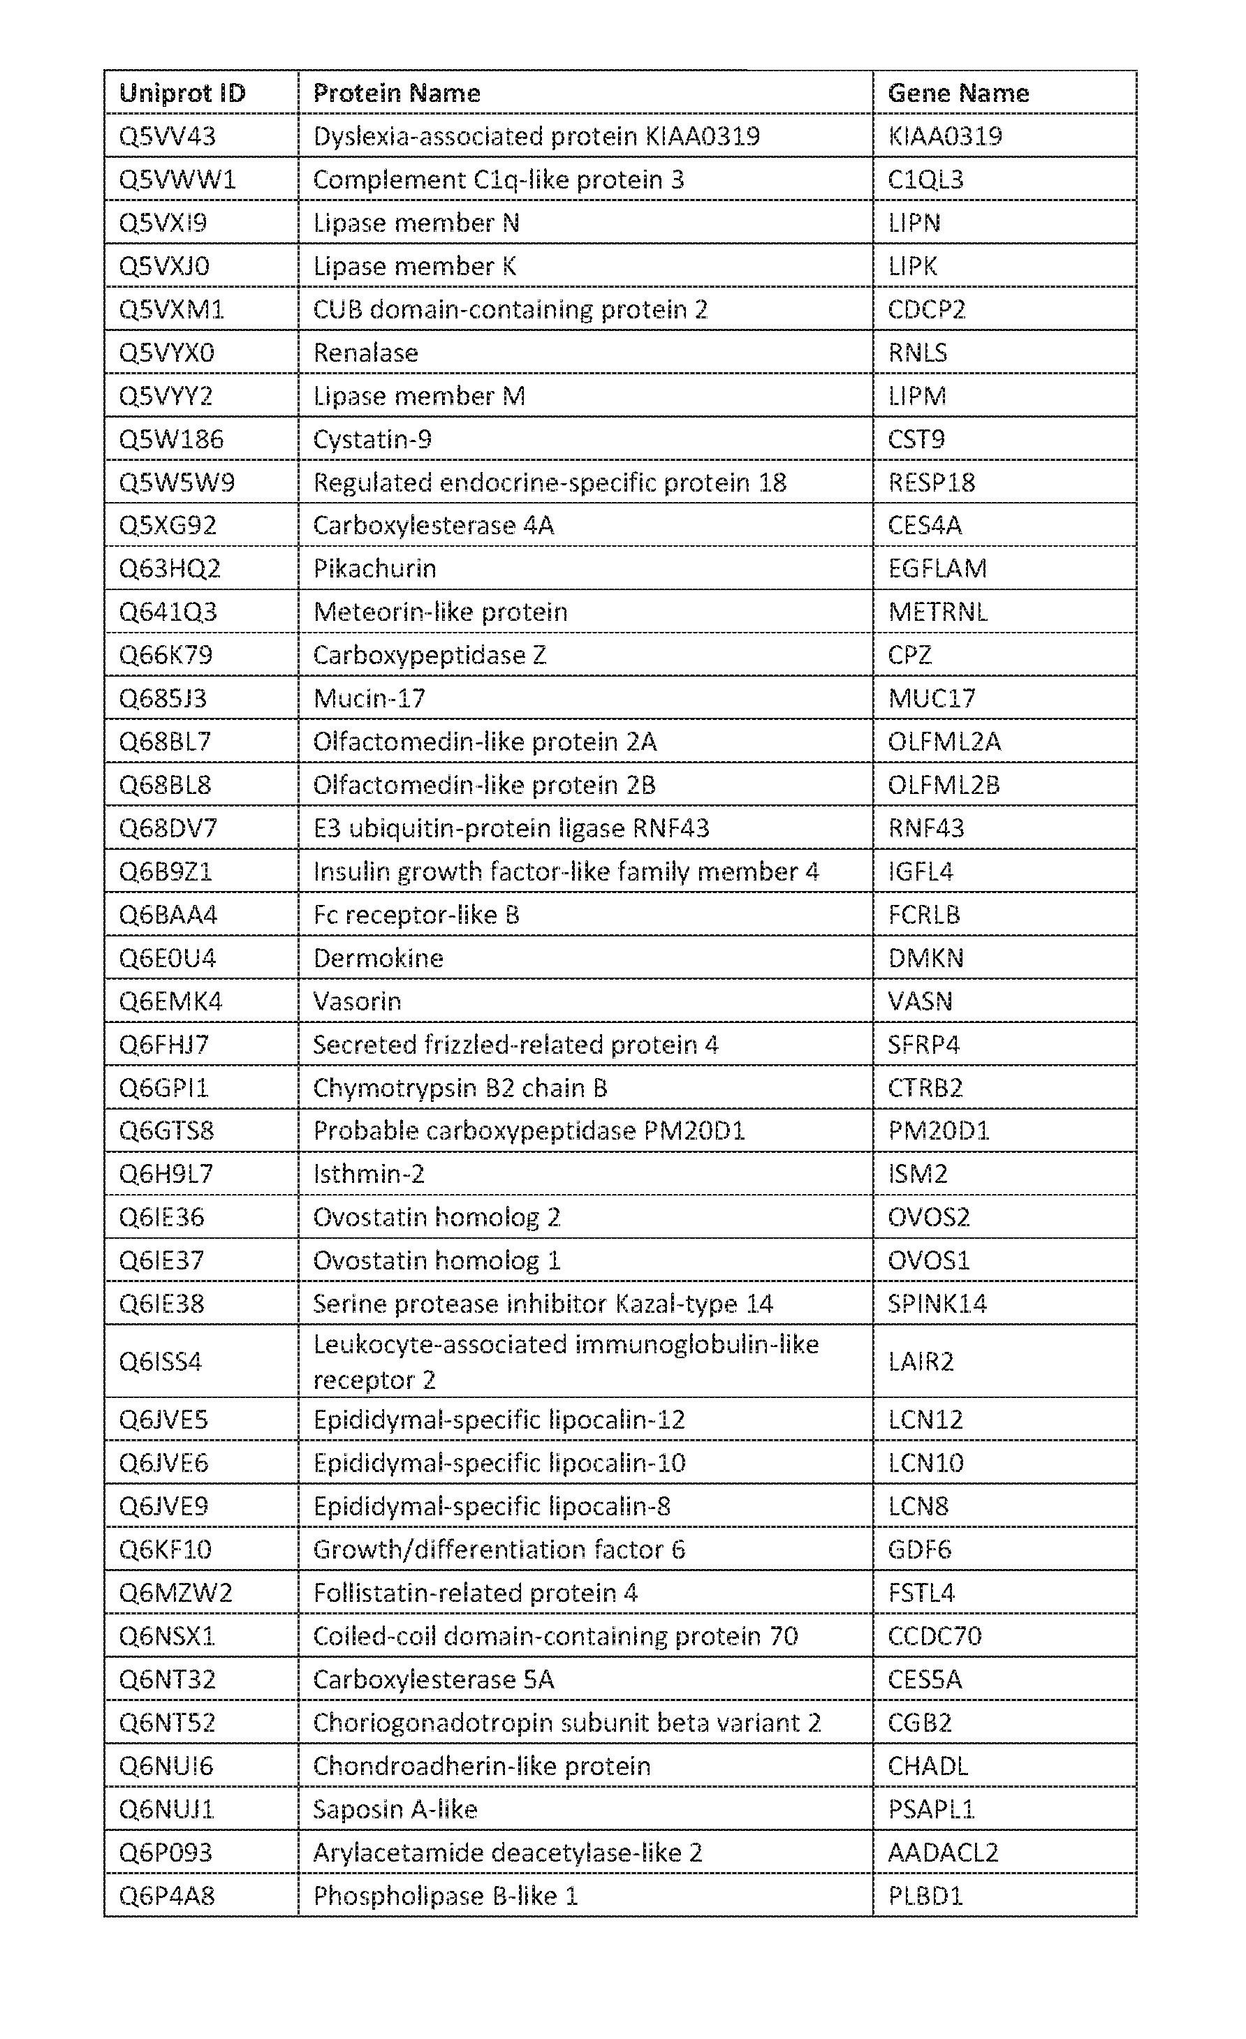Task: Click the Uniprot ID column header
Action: tap(182, 93)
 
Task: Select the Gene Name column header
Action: tap(958, 93)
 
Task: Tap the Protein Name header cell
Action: tap(397, 93)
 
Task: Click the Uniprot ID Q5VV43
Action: tap(167, 135)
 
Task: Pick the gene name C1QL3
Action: tap(925, 179)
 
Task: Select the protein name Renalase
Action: tap(365, 353)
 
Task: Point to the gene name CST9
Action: tap(916, 439)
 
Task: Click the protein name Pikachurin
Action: tap(374, 568)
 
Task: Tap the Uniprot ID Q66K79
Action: tap(166, 654)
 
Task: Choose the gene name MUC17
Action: tap(932, 698)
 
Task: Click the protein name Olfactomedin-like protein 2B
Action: tap(484, 784)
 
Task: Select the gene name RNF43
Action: tap(925, 827)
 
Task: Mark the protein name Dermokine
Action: tap(379, 957)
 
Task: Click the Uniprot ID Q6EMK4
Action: tap(170, 1001)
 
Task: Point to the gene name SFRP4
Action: tap(923, 1045)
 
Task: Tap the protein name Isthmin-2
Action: tap(368, 1173)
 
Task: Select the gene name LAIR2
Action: tap(921, 1361)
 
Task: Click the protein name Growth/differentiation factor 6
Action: tap(499, 1549)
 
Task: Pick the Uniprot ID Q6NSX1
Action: tap(167, 1635)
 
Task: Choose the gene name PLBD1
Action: tap(925, 1895)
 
